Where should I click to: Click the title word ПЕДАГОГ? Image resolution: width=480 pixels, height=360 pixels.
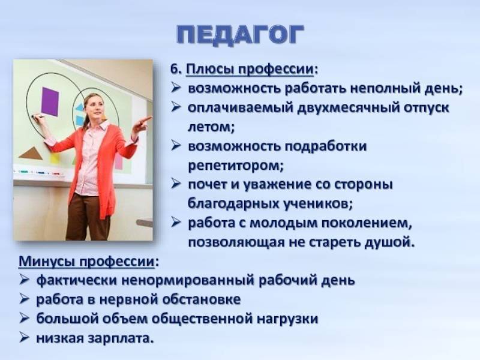tap(241, 35)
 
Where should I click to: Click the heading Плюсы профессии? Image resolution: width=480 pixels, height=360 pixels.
tap(250, 69)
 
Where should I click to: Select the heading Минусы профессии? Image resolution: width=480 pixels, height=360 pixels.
tap(86, 262)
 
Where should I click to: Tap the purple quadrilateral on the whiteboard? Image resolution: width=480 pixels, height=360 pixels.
tap(50, 102)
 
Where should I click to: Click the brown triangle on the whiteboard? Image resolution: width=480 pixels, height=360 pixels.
tap(31, 154)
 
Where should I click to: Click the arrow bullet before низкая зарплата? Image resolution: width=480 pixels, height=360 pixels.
tap(24, 337)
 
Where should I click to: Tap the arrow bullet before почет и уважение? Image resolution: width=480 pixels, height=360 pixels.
tap(176, 184)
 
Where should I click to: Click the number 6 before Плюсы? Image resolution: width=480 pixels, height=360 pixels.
tap(174, 69)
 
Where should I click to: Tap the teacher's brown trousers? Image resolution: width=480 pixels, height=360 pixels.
tap(87, 217)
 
